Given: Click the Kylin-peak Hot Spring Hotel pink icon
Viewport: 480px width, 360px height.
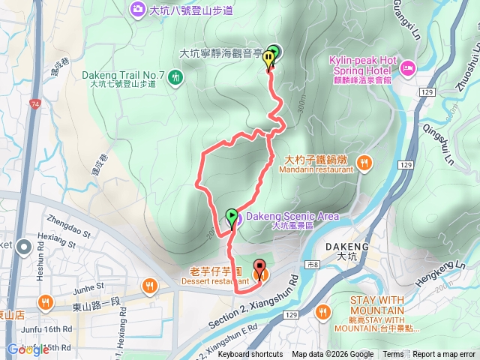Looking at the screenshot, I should click(409, 69).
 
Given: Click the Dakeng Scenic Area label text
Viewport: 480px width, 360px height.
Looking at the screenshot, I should click(292, 216).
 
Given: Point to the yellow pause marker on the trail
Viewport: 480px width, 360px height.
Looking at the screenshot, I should click(268, 61).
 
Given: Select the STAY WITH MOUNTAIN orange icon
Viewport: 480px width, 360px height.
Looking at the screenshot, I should click(324, 310).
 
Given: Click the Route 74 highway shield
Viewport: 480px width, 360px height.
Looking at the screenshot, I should click(36, 85).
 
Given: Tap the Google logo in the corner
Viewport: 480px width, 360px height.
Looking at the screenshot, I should click(28, 349).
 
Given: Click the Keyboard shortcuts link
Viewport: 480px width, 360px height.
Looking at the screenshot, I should click(250, 355).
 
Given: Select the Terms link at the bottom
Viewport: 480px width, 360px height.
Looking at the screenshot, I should click(393, 355).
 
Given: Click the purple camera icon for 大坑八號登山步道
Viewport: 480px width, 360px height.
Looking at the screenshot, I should click(137, 9).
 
